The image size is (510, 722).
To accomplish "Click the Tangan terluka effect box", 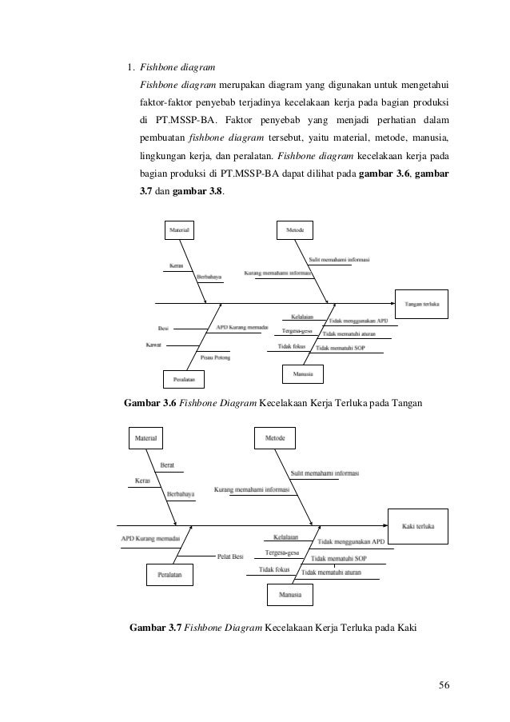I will pyautogui.click(x=422, y=304).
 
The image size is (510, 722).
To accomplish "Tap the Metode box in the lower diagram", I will pyautogui.click(x=274, y=439).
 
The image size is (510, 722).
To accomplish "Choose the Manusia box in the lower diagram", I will pyautogui.click(x=289, y=595).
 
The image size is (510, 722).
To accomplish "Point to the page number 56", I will pyautogui.click(x=444, y=685).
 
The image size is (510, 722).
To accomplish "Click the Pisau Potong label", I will pyautogui.click(x=216, y=357).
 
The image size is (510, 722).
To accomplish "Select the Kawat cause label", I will pyautogui.click(x=153, y=345).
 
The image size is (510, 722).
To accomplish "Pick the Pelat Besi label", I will pyautogui.click(x=230, y=556).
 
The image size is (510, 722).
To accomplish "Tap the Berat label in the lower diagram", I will pyautogui.click(x=168, y=465).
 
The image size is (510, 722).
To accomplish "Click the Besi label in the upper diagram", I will pyautogui.click(x=163, y=327).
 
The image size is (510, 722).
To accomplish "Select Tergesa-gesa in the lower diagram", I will pyautogui.click(x=281, y=553).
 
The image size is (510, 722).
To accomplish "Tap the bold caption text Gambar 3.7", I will pyautogui.click(x=155, y=626).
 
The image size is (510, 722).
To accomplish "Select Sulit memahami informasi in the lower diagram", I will pyautogui.click(x=325, y=472).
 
